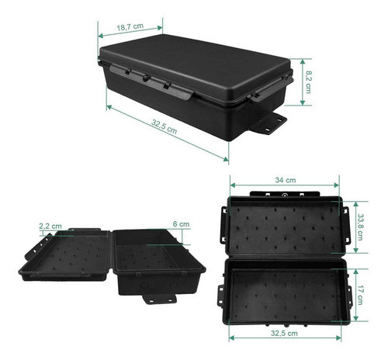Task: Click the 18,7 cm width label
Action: pyautogui.click(x=131, y=27)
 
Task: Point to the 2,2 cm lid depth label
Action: pyautogui.click(x=50, y=226)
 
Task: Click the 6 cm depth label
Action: pyautogui.click(x=181, y=224)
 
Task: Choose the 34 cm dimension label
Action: pyautogui.click(x=284, y=180)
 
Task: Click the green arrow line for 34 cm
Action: pyautogui.click(x=285, y=187)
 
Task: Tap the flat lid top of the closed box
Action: pyautogui.click(x=194, y=58)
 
